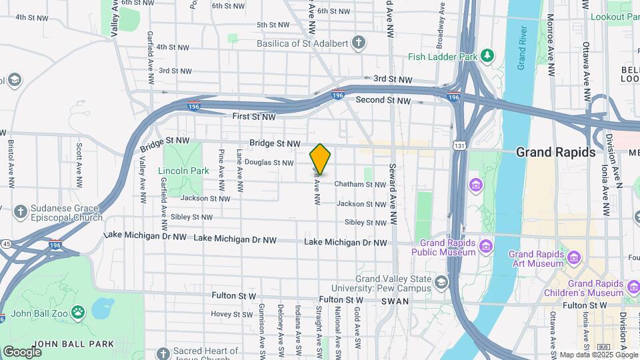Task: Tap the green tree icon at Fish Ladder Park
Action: [488, 56]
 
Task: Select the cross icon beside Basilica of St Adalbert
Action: [359, 44]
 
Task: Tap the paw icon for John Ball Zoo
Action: [79, 311]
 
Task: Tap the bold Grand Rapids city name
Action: [556, 152]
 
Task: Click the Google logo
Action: [22, 351]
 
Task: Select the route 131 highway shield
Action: [459, 145]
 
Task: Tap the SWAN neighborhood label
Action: [395, 301]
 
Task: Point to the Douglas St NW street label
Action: [269, 162]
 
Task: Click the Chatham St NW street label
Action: [360, 185]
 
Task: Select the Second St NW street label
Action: [383, 100]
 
